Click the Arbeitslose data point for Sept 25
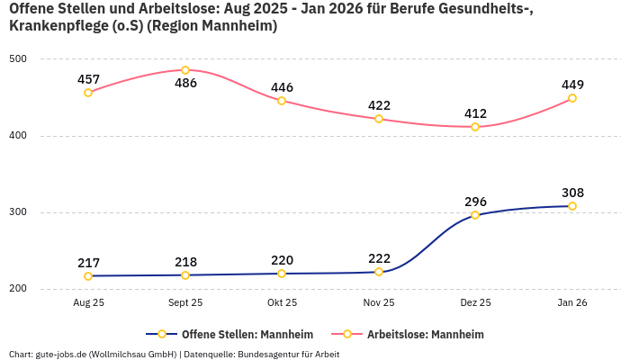185,70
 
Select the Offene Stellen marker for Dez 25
475,215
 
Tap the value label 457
88,79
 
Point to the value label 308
572,193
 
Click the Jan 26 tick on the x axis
572,303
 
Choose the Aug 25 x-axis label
88,303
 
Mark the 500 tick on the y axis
18,59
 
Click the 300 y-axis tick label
18,212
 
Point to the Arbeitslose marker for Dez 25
475,127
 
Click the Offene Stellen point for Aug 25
88,276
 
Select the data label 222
379,258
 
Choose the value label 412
475,113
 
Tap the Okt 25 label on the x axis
282,303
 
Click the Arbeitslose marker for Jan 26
572,98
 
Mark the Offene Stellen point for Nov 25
379,272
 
